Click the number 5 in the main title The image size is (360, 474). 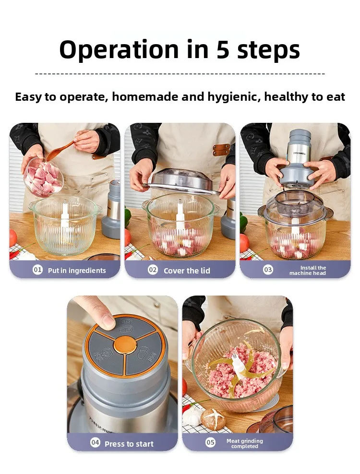click(x=223, y=50)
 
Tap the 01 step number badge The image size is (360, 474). click(x=37, y=270)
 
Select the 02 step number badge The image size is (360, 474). click(x=153, y=270)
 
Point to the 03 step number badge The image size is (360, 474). click(x=268, y=270)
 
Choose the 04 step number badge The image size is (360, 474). click(x=95, y=443)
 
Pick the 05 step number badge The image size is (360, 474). click(x=210, y=442)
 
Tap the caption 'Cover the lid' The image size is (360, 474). click(x=187, y=271)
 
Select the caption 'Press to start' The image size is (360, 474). click(x=129, y=444)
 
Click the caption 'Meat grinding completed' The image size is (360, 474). click(x=245, y=443)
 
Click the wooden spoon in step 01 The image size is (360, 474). click(x=60, y=151)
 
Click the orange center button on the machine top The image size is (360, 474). click(x=126, y=344)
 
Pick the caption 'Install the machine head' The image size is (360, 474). click(x=307, y=271)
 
